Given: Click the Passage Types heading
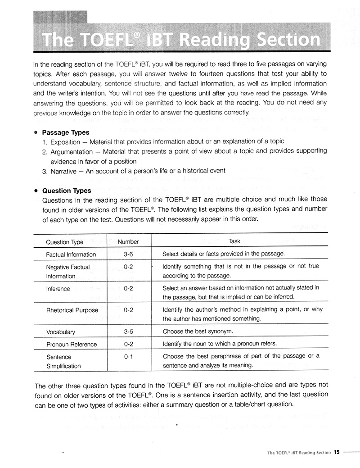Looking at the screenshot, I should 66,132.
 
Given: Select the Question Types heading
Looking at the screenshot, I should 67,191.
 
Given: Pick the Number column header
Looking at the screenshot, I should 128,242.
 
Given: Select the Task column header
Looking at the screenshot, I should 235,241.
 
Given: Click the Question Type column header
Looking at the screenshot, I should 64,242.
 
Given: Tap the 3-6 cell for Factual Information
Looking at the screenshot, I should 128,254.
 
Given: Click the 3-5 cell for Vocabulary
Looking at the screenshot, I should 128,332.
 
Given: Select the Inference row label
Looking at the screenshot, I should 58,289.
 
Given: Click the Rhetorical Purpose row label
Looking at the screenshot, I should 72,310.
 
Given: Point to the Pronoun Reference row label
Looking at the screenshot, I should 71,345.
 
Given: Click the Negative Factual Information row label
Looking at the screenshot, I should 67,272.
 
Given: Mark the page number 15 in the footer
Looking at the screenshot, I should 337,452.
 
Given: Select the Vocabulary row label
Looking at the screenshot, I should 60,332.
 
